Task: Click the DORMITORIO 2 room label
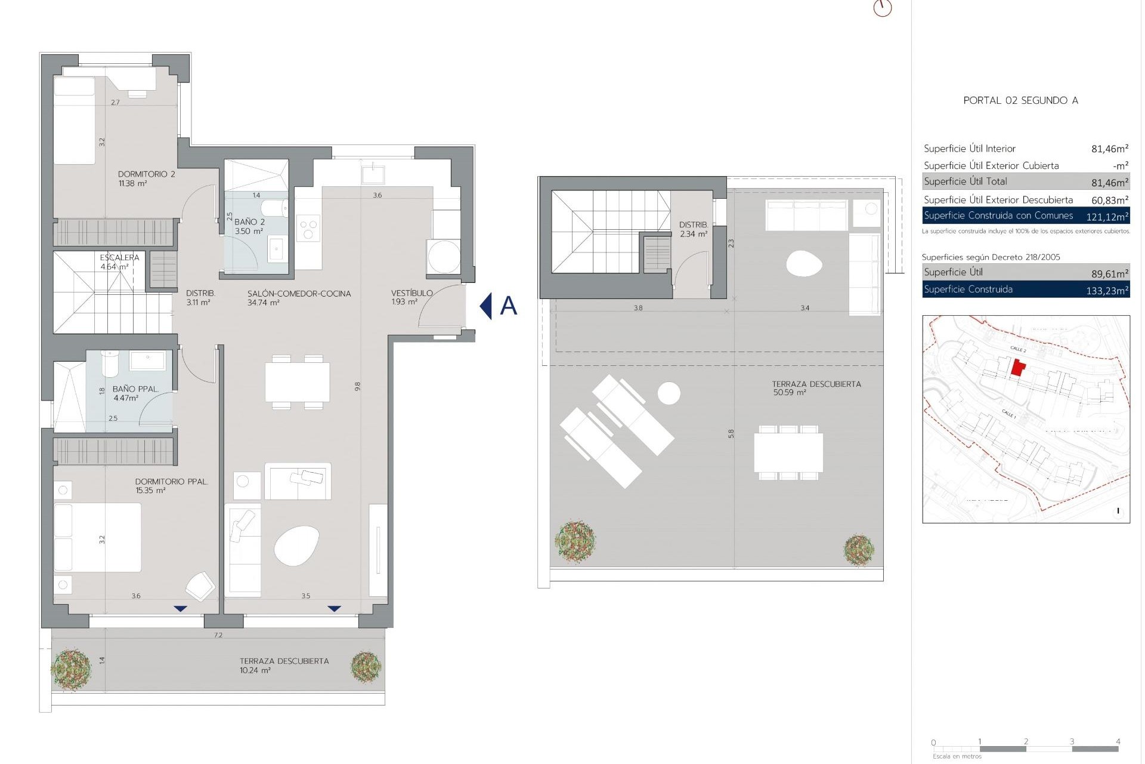[x=146, y=174]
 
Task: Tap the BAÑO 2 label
[x=249, y=222]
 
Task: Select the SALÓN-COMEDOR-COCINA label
[x=299, y=294]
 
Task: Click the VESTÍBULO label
[x=411, y=293]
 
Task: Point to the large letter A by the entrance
[x=508, y=306]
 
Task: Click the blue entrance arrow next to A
[x=486, y=306]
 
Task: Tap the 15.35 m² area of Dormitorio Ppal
[x=150, y=491]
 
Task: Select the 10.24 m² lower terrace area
[x=255, y=670]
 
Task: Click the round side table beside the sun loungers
[x=669, y=393]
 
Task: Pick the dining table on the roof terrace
[x=788, y=452]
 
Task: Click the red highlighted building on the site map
[x=1018, y=368]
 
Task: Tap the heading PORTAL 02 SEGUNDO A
[x=1020, y=100]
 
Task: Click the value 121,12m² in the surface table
[x=1107, y=217]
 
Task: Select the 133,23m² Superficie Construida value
[x=1107, y=291]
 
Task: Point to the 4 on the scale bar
[x=1118, y=742]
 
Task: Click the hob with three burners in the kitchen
[x=308, y=229]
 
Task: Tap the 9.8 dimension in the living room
[x=358, y=386]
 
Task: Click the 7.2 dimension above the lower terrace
[x=218, y=635]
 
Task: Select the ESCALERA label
[x=119, y=258]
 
